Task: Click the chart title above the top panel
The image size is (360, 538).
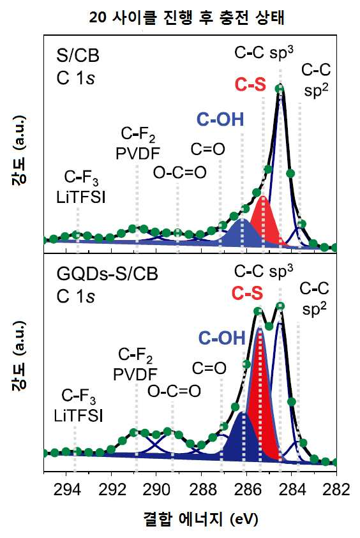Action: [x=186, y=17]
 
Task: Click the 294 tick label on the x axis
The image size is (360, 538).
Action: [x=67, y=489]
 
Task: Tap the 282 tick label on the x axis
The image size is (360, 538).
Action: [x=336, y=489]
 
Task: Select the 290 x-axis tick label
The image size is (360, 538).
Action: [x=156, y=489]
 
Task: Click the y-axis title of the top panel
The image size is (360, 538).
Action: [x=19, y=151]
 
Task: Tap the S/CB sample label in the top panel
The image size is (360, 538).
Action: [x=78, y=56]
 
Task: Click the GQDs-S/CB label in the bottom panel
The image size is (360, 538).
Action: [x=107, y=274]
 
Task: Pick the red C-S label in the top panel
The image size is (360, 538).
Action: [x=250, y=84]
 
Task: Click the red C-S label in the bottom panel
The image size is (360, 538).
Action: [x=247, y=293]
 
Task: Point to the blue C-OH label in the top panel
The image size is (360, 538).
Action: [x=220, y=120]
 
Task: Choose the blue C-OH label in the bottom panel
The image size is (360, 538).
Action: [x=222, y=338]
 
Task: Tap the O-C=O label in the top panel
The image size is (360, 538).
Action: [x=180, y=172]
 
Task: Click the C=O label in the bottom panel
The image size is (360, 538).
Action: [x=209, y=368]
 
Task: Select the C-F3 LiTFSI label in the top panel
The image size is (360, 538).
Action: [x=81, y=188]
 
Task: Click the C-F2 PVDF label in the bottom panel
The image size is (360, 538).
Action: [x=135, y=364]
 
